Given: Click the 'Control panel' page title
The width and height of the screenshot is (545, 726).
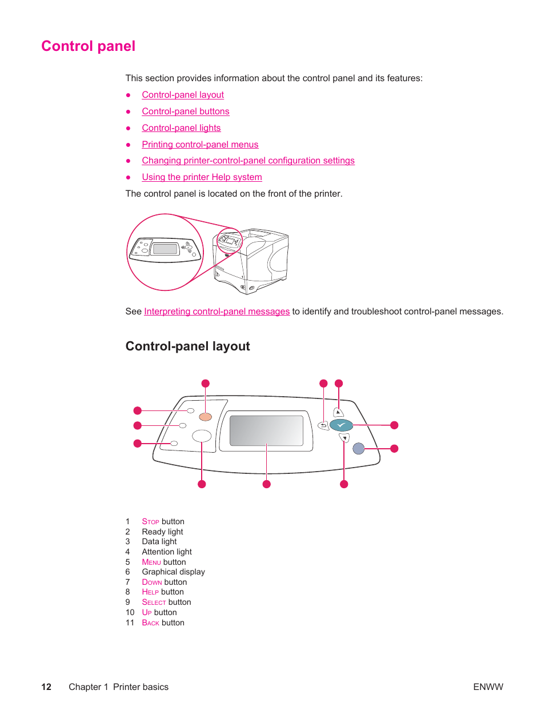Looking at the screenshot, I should [88, 46].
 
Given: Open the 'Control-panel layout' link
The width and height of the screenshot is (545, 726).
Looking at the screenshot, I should [183, 95].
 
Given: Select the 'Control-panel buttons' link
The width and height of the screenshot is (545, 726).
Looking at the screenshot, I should [186, 111].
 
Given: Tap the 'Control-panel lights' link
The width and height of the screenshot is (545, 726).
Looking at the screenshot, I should [181, 128].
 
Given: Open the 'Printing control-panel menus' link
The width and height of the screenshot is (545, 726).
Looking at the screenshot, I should [200, 145].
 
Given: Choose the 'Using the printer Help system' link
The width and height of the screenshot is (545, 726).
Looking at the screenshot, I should [202, 177].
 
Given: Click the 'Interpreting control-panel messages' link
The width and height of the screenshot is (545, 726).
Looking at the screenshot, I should [217, 312].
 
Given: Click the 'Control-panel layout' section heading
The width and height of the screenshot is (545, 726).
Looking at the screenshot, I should [187, 346].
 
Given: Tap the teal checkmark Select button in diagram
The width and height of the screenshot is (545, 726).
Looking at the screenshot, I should [341, 425].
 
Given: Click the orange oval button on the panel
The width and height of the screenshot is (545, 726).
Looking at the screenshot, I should [206, 417].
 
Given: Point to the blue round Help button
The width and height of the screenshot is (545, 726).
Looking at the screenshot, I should [358, 449].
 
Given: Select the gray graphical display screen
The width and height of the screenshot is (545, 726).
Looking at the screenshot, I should [266, 430].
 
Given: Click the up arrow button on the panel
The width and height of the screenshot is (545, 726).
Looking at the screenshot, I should [339, 412].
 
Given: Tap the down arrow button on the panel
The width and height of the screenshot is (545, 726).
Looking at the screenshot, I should [344, 438].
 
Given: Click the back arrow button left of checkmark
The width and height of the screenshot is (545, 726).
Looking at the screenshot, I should [323, 425].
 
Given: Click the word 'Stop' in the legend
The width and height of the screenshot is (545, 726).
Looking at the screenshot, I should [150, 522].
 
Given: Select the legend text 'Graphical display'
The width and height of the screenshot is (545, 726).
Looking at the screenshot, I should [173, 572].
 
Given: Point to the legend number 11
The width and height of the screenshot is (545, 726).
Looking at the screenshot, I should [130, 623].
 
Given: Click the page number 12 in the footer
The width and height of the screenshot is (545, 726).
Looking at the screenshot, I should [46, 687].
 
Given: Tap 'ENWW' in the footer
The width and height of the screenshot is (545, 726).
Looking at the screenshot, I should [488, 687].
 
